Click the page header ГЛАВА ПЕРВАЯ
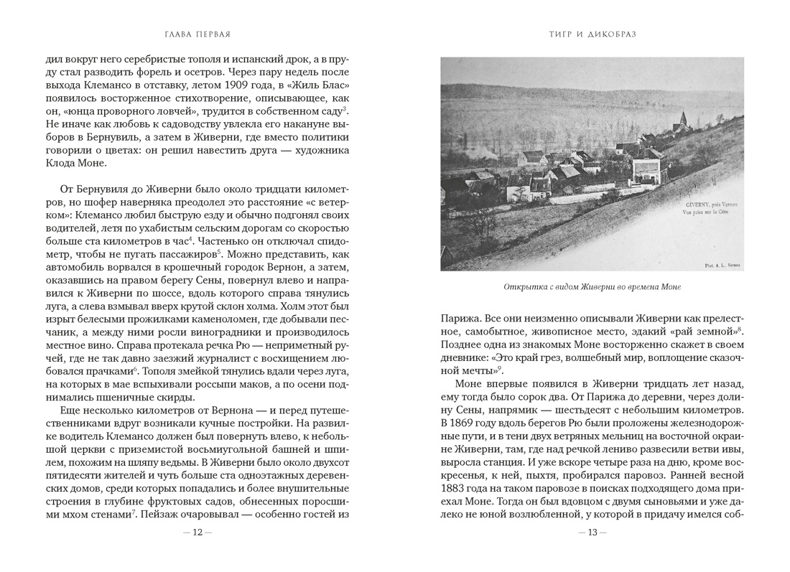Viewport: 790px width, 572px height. (197, 34)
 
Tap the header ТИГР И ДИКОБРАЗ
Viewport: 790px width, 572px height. (592, 34)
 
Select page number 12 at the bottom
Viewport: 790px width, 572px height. (197, 533)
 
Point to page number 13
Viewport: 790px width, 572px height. (592, 533)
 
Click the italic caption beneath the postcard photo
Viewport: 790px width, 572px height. (592, 287)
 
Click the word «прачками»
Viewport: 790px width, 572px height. (112, 370)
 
